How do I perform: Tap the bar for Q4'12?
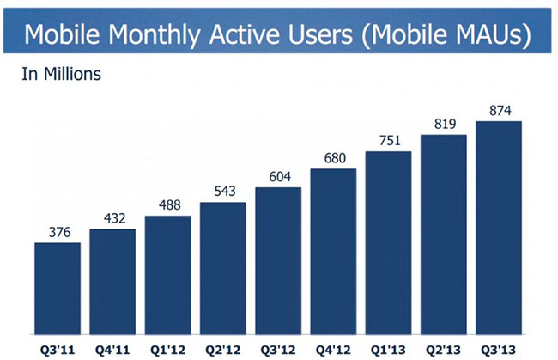(333, 253)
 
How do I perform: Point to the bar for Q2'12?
(222, 270)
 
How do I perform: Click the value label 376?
(58, 233)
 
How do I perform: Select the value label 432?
(112, 219)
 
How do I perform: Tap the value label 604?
(278, 177)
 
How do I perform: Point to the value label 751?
(388, 142)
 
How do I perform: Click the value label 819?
(443, 125)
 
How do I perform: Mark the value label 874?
(499, 112)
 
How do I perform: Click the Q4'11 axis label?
(112, 351)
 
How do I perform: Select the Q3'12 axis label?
(278, 351)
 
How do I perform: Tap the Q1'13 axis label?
(388, 351)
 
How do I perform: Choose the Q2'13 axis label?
(443, 351)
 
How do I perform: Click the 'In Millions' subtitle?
(61, 75)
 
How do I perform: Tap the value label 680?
(333, 159)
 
